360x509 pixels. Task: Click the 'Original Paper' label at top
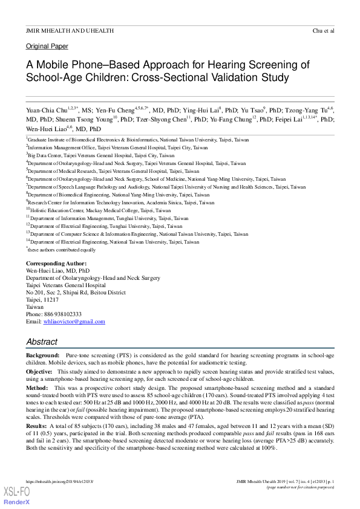pos(47,46)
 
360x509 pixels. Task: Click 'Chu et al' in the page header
pos(324,30)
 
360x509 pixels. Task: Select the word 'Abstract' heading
pos(42,342)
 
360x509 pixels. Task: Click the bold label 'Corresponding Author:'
pos(56,264)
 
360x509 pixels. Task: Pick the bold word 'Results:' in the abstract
pos(38,427)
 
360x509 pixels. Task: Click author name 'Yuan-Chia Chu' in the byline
pos(46,111)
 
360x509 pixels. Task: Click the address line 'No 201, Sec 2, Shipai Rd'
pos(76,293)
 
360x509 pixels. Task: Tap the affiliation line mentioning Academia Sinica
pos(121,203)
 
